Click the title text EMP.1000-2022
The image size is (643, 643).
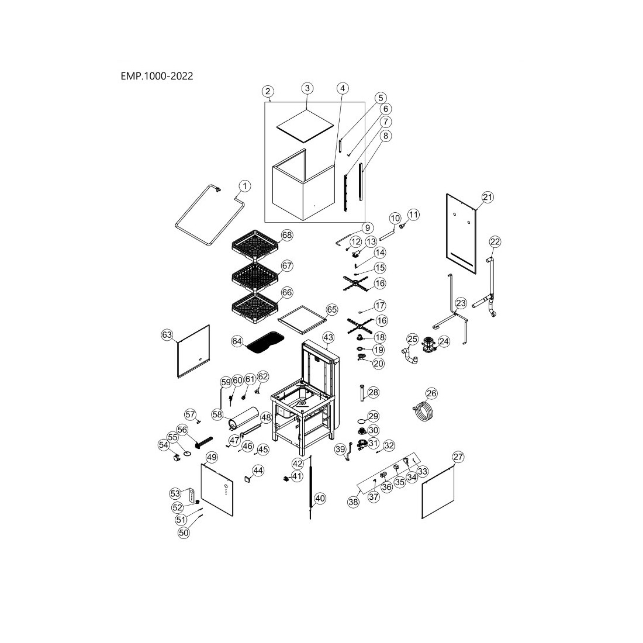(x=156, y=76)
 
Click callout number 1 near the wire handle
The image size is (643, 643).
(x=244, y=185)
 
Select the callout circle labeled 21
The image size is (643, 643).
(x=488, y=197)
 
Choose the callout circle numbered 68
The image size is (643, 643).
(x=286, y=235)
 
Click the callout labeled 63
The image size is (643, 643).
(x=167, y=334)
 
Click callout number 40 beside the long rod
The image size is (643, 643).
(x=319, y=499)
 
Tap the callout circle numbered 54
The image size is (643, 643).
(x=163, y=445)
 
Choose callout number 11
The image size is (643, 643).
(x=413, y=215)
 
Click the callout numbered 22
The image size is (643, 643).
(x=495, y=241)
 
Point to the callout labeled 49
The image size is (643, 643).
(x=212, y=457)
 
